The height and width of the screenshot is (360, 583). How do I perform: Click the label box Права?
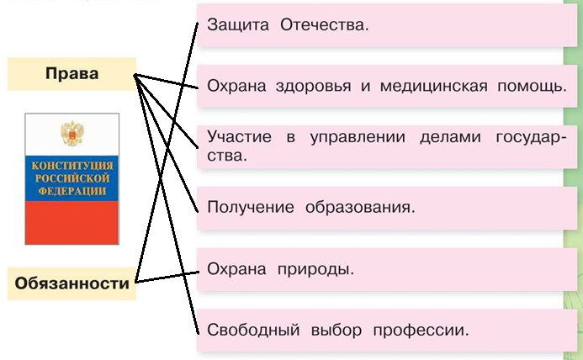click(x=72, y=74)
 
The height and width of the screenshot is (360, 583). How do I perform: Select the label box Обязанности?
click(x=72, y=283)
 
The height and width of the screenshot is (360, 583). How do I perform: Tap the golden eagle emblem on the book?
click(x=72, y=134)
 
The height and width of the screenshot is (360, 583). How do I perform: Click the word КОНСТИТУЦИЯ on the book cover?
click(x=72, y=166)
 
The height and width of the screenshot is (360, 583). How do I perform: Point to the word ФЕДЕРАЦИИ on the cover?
click(x=72, y=191)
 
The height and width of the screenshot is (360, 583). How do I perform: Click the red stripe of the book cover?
click(x=72, y=223)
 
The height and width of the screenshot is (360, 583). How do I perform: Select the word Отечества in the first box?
click(x=324, y=25)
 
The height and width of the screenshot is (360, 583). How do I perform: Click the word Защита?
click(x=238, y=25)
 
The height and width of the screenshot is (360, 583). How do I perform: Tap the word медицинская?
click(x=433, y=86)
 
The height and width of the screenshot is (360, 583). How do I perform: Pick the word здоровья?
click(x=314, y=87)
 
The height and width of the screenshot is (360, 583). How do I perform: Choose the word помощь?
click(x=532, y=86)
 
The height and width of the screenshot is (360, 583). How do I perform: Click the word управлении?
click(x=358, y=137)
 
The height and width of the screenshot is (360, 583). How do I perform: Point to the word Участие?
click(x=239, y=136)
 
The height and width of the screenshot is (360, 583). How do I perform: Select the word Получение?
click(x=250, y=207)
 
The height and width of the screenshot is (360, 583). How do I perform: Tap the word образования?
click(x=360, y=207)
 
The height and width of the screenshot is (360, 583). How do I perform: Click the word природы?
click(x=315, y=269)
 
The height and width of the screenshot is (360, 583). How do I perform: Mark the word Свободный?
click(x=253, y=330)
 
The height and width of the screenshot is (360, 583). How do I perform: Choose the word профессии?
click(x=421, y=331)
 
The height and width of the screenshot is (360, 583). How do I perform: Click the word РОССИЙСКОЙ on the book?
click(x=72, y=178)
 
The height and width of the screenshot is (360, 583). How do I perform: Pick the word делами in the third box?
click(x=450, y=137)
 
